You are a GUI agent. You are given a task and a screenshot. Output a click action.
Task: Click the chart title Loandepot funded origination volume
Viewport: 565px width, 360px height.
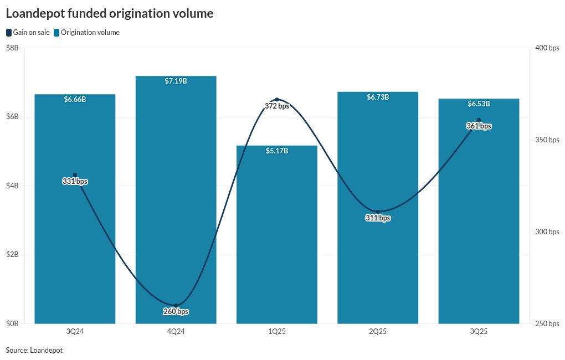click(109, 14)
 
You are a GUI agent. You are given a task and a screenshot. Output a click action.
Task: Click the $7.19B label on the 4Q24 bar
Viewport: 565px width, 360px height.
click(176, 81)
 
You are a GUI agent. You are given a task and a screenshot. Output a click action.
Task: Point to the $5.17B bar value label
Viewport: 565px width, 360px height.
click(276, 151)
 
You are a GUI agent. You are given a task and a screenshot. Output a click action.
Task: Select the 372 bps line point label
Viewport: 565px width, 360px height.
click(276, 106)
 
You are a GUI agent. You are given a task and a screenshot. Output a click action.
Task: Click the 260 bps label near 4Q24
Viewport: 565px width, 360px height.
click(176, 312)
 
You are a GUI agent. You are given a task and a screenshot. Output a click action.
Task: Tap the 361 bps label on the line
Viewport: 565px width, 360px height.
click(479, 126)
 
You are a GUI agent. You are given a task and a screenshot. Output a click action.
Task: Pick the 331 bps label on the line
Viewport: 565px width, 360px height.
click(75, 182)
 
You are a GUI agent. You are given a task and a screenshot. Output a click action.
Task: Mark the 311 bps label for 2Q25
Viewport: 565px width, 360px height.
click(378, 218)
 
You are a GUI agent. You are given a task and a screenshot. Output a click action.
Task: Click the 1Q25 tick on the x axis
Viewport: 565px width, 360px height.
click(276, 331)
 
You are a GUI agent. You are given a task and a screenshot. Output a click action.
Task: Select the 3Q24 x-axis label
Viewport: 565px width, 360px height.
click(75, 331)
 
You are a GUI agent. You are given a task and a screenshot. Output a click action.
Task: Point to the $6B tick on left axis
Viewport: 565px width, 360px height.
click(12, 117)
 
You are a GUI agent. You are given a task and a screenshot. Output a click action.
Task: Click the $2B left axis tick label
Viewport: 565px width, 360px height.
click(12, 255)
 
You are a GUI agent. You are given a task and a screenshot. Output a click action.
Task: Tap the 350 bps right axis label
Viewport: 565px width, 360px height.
click(547, 140)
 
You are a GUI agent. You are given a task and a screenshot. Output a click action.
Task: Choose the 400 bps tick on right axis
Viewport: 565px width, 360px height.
click(547, 48)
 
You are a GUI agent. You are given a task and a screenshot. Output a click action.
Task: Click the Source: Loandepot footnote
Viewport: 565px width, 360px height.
click(34, 350)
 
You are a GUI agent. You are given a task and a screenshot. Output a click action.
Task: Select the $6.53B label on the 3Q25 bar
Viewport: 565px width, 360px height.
click(479, 104)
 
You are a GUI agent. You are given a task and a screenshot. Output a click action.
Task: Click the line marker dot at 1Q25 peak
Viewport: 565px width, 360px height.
click(277, 100)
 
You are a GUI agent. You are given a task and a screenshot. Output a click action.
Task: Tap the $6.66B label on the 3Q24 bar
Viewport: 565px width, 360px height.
click(75, 99)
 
